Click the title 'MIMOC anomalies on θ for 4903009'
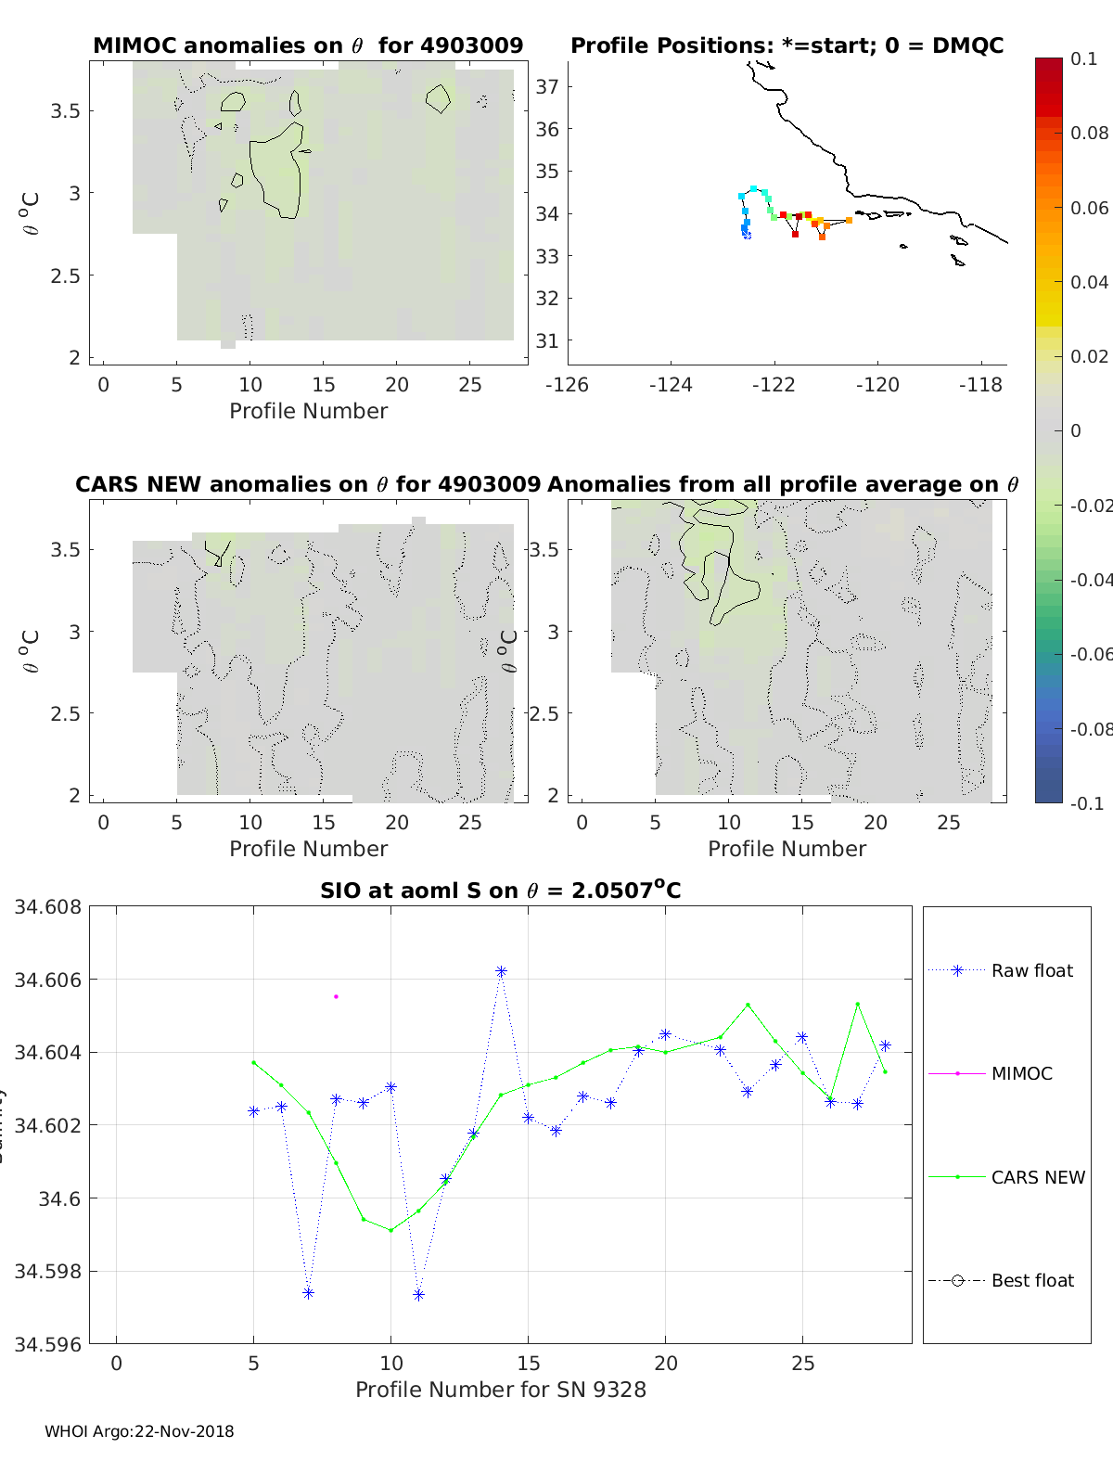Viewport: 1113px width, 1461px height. pyautogui.click(x=308, y=45)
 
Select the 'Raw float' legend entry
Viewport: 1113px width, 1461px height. pyautogui.click(x=1031, y=970)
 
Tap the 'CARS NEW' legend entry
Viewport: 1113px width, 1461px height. pyautogui.click(x=1037, y=1177)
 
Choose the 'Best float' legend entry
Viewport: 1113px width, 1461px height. pyautogui.click(x=1032, y=1280)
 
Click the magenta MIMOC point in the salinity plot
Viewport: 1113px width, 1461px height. pyautogui.click(x=336, y=996)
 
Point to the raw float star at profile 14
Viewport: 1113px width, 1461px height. pyautogui.click(x=501, y=971)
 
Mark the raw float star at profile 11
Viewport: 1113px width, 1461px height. pyautogui.click(x=418, y=1294)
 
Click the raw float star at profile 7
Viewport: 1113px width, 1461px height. pyautogui.click(x=309, y=1293)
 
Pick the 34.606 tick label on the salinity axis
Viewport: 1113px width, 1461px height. pyautogui.click(x=47, y=980)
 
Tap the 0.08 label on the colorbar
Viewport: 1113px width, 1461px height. pyautogui.click(x=1089, y=133)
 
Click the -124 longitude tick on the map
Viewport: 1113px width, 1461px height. pyautogui.click(x=671, y=384)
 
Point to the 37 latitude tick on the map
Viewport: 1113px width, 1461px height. pyautogui.click(x=547, y=87)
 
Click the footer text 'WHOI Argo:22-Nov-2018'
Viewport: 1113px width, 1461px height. pyautogui.click(x=139, y=1431)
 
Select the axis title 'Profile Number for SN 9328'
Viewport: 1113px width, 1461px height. pyautogui.click(x=501, y=1390)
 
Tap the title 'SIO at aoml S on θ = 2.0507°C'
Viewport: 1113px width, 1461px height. pyautogui.click(x=501, y=891)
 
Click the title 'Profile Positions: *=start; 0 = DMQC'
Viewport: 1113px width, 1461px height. pyautogui.click(x=787, y=45)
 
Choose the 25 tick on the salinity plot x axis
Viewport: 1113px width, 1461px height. pyautogui.click(x=802, y=1363)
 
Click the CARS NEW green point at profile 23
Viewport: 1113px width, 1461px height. pyautogui.click(x=748, y=1005)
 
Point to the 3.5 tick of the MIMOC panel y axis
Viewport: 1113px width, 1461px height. pyautogui.click(x=65, y=111)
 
